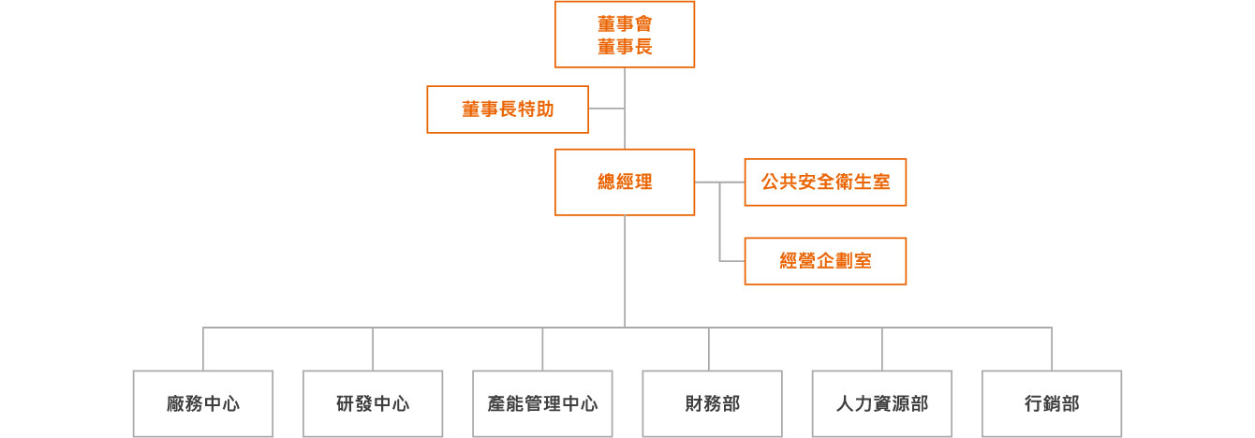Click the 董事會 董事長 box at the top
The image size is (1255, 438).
pyautogui.click(x=625, y=35)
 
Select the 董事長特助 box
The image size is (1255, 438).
pyautogui.click(x=508, y=109)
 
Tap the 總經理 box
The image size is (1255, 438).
pyautogui.click(x=625, y=182)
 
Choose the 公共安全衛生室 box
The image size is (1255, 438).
pyautogui.click(x=825, y=182)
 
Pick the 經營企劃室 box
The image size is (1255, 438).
pyautogui.click(x=825, y=261)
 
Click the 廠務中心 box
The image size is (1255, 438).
pyautogui.click(x=203, y=403)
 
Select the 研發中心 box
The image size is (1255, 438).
pyautogui.click(x=373, y=403)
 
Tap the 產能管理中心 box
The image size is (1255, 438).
pyautogui.click(x=542, y=403)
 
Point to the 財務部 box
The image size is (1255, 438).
pyautogui.click(x=712, y=403)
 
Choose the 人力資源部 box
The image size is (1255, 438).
pyautogui.click(x=882, y=403)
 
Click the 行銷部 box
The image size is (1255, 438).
pyautogui.click(x=1052, y=403)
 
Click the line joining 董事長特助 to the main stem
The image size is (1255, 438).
pyautogui.click(x=607, y=109)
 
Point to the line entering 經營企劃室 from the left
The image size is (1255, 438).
pyautogui.click(x=732, y=261)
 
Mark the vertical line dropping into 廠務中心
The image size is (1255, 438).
pyautogui.click(x=203, y=349)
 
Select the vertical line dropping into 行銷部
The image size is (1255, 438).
pyautogui.click(x=1052, y=349)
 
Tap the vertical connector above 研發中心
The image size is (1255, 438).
pyautogui.click(x=373, y=349)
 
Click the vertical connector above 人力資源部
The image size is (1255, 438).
pyautogui.click(x=882, y=349)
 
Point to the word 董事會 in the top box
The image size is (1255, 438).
pyautogui.click(x=625, y=23)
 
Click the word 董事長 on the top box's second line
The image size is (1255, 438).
pyautogui.click(x=625, y=47)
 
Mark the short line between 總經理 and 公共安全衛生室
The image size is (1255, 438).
pyautogui.click(x=719, y=182)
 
